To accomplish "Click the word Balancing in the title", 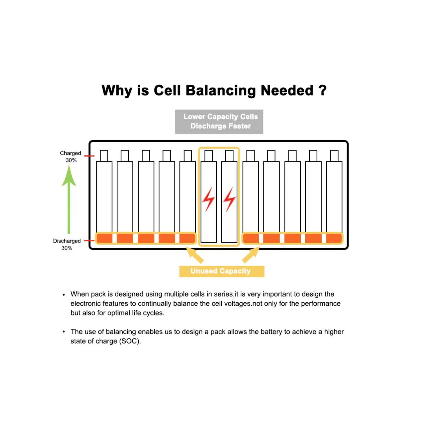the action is pos(221,91).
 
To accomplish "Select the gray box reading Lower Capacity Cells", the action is pos(219,122).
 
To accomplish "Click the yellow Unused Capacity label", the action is pos(222,271).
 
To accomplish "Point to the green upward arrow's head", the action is pos(69,176).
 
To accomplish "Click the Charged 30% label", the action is pos(70,157).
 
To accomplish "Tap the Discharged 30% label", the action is pos(67,244).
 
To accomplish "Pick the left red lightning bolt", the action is pos(208,199).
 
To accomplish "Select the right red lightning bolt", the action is pos(229,199).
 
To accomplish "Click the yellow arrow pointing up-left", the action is pos(195,255).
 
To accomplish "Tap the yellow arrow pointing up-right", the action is pos(251,255).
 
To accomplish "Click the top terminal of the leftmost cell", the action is pos(104,156).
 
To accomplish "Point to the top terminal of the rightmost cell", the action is pos(334,156).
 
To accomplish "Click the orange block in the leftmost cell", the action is pos(104,238).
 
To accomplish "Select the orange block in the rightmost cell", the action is pos(334,238).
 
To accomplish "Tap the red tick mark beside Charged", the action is pos(89,156).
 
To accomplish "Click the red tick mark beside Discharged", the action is pos(89,241).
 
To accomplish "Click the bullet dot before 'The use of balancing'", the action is pos(64,332).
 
